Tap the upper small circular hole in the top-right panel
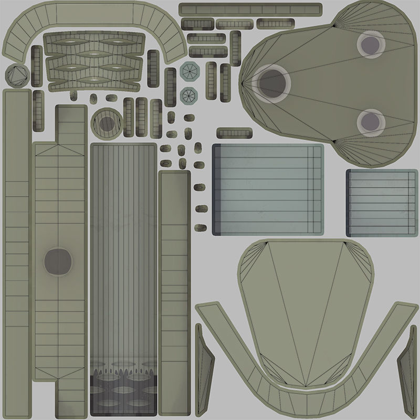click(x=371, y=44)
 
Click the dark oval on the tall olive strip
click(x=57, y=261)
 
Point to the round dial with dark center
click(x=107, y=123)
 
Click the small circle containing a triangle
click(x=17, y=76)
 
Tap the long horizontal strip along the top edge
click(x=250, y=9)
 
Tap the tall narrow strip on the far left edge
click(x=17, y=252)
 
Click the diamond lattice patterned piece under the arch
click(x=94, y=60)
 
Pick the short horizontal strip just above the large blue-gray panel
click(x=234, y=133)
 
